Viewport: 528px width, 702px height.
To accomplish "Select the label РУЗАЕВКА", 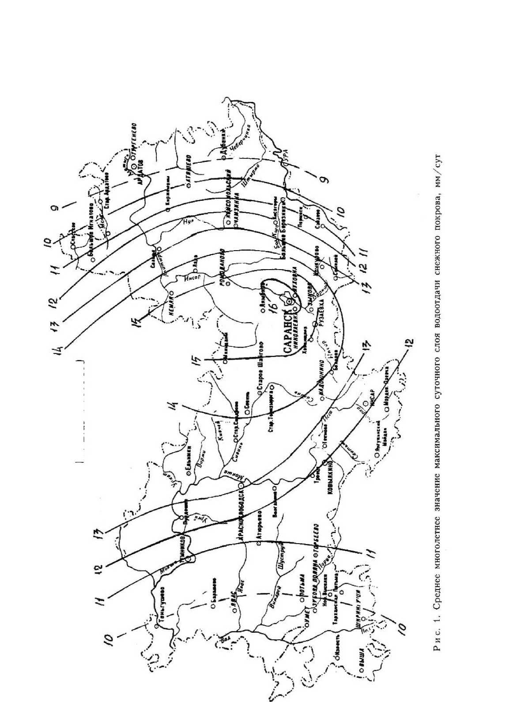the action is (x=321, y=314).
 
